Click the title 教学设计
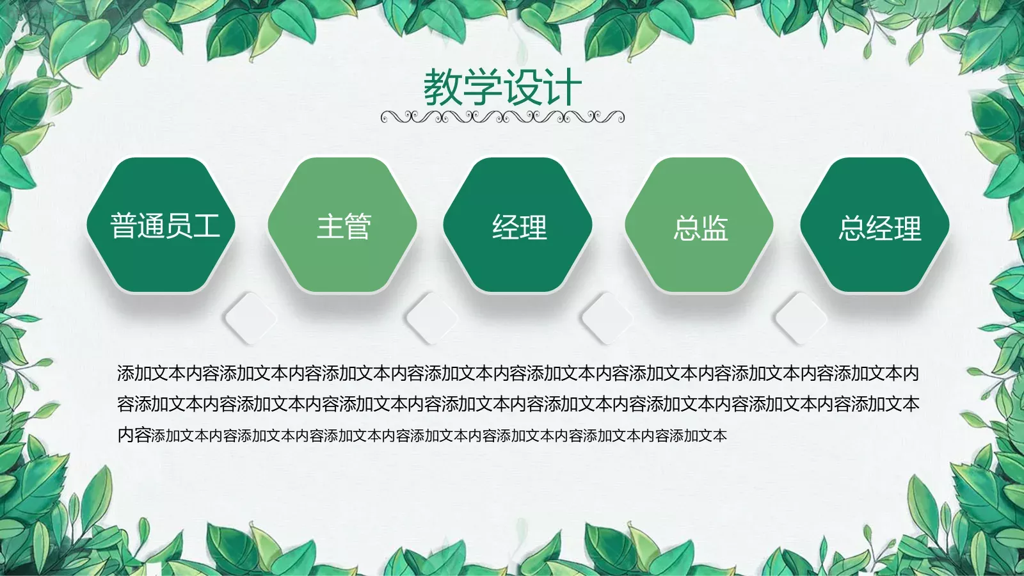502,87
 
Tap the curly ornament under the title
502,117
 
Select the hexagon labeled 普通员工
161,225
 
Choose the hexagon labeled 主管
342,225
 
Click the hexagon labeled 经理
518,225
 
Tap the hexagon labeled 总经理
875,225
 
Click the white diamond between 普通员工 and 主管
251,317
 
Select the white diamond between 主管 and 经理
432,317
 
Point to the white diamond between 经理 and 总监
607,317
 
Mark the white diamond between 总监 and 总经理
800,317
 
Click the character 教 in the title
443,87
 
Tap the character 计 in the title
562,87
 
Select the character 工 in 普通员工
207,226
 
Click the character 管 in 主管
358,227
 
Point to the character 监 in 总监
714,228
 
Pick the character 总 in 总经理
852,228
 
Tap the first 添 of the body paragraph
125,373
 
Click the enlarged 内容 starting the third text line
134,435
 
